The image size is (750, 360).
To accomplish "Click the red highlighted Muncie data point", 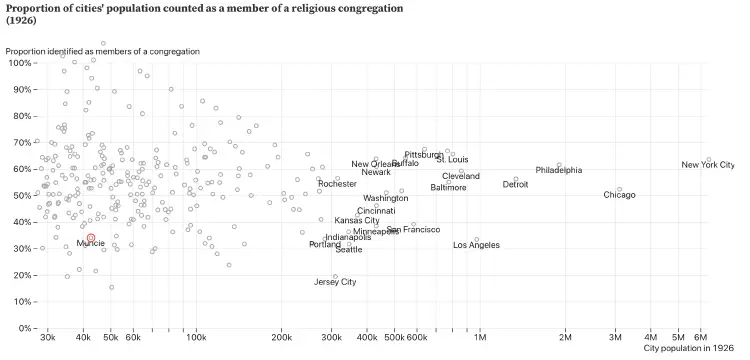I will click(91, 238).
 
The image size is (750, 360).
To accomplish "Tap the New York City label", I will click(707, 165).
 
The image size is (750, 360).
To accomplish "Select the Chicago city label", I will click(619, 195).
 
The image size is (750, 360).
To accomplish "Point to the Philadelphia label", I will click(558, 171).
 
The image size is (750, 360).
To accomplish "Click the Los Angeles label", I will click(476, 245).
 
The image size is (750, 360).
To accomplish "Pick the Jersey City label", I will click(335, 282).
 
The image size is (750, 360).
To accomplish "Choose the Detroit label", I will click(515, 184).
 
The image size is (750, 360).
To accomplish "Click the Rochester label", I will click(337, 184).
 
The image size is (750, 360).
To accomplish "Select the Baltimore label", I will click(448, 188).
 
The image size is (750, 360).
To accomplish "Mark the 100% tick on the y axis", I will click(19, 63).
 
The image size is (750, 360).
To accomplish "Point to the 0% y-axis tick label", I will click(23, 328).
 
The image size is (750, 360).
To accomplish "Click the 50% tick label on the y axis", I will click(21, 195).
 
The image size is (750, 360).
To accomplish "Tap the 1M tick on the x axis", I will click(480, 338).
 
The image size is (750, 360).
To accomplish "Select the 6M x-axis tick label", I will click(702, 338).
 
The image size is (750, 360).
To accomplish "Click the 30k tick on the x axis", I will click(46, 338).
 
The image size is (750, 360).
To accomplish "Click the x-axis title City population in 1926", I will click(689, 349).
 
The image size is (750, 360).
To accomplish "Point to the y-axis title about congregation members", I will click(103, 51).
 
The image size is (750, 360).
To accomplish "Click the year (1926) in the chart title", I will click(23, 20).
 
